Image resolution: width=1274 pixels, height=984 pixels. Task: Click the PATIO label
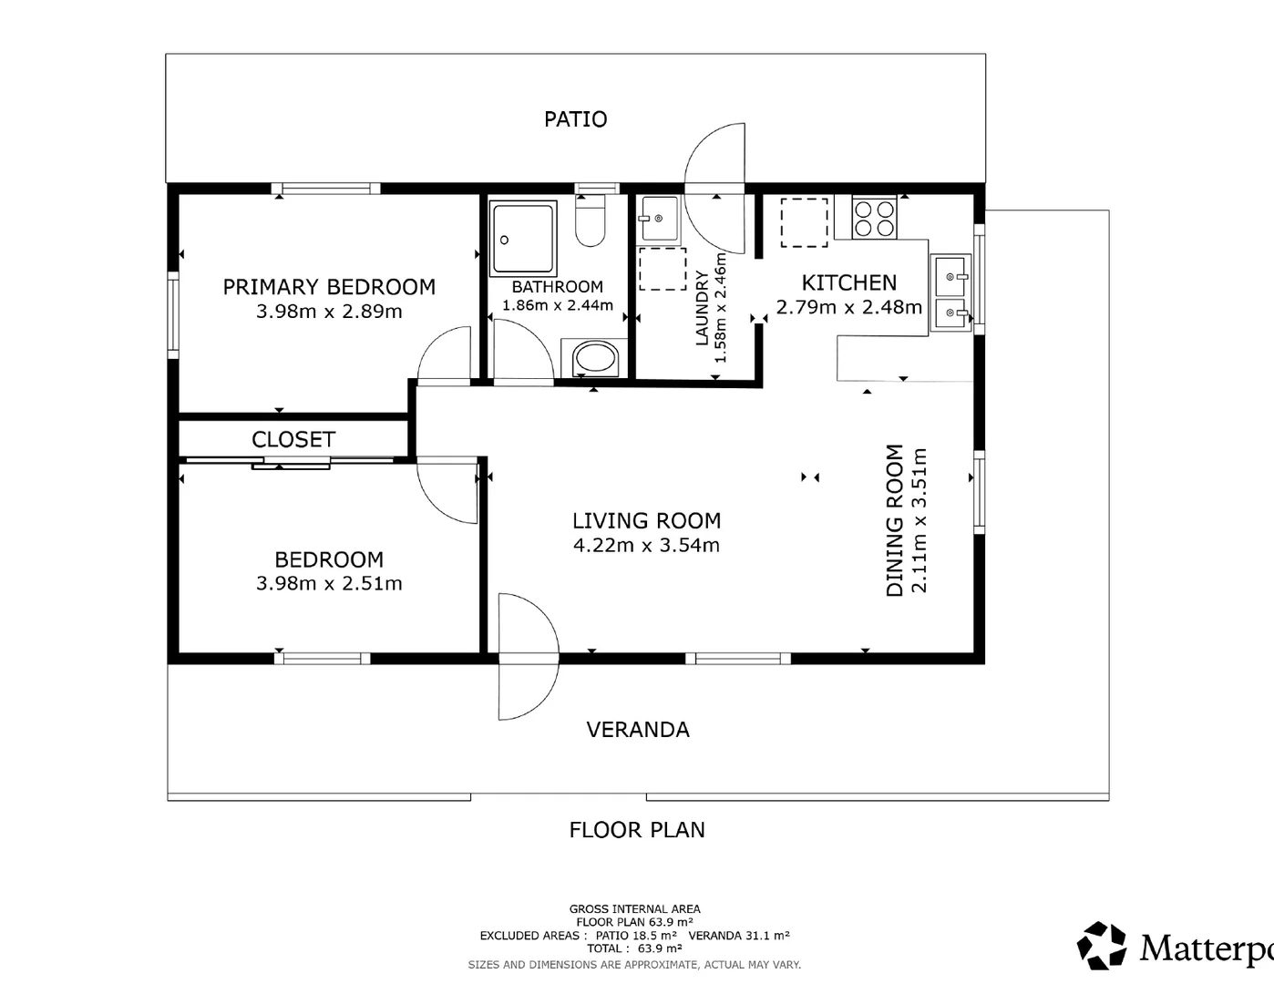[575, 119]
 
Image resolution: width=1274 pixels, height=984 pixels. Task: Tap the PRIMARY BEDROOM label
[329, 287]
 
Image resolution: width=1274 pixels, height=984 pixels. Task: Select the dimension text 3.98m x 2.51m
[329, 584]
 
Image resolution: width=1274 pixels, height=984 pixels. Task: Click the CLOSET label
[293, 439]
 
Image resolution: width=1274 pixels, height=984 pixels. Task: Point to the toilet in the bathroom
[591, 224]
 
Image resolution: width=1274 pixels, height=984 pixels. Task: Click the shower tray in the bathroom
[523, 239]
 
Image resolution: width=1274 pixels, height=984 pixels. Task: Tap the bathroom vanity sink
[594, 358]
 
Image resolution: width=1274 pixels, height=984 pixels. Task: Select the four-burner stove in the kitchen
[873, 218]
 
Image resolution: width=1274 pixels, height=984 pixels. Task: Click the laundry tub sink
[658, 219]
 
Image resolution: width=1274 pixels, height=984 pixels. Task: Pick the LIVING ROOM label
[646, 521]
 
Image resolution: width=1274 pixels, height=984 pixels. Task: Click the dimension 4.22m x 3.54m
[646, 546]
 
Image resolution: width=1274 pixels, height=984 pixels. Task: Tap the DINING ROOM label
[895, 520]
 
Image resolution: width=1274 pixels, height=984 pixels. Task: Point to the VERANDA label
[638, 730]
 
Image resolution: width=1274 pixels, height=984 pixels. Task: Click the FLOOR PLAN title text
[637, 830]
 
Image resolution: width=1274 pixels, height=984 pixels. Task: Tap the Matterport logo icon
[1102, 946]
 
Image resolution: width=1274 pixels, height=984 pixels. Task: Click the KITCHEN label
[848, 283]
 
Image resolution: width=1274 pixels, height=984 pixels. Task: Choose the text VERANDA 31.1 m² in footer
[739, 936]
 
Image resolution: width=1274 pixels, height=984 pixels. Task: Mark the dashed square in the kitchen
[804, 222]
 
